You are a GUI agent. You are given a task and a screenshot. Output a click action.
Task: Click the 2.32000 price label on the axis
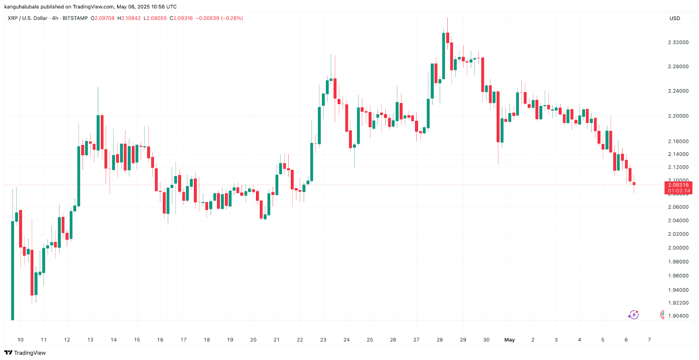click(x=678, y=42)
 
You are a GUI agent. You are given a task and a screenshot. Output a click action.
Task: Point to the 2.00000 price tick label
click(x=678, y=248)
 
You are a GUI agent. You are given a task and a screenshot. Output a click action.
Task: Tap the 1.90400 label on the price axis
click(x=678, y=316)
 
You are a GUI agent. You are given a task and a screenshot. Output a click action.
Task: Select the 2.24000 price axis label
click(x=678, y=91)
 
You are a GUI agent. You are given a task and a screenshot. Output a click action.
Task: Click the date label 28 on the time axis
click(x=439, y=340)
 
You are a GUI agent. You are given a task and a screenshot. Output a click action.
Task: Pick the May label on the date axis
click(x=509, y=340)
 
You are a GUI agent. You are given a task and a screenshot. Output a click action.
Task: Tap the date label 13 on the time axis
click(x=90, y=340)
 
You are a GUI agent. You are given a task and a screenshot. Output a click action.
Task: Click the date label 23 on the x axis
click(x=323, y=340)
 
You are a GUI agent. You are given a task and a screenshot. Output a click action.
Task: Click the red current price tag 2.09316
click(x=678, y=185)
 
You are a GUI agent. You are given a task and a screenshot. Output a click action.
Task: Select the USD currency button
click(x=675, y=18)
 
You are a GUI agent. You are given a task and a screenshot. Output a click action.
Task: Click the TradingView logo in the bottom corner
click(x=25, y=353)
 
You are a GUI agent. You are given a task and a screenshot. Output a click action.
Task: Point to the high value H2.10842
click(x=129, y=18)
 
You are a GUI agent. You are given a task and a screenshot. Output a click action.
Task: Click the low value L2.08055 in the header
click(x=155, y=18)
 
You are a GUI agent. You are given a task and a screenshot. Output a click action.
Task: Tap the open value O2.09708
click(x=102, y=18)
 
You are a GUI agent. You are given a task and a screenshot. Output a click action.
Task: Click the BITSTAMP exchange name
click(x=75, y=18)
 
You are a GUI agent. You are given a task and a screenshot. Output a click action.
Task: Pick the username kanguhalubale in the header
click(x=21, y=7)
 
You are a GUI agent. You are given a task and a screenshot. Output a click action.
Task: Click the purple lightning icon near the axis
click(x=633, y=315)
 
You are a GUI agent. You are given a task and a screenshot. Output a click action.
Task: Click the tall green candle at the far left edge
click(x=13, y=271)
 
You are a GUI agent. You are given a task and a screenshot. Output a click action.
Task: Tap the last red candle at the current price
click(x=634, y=184)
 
